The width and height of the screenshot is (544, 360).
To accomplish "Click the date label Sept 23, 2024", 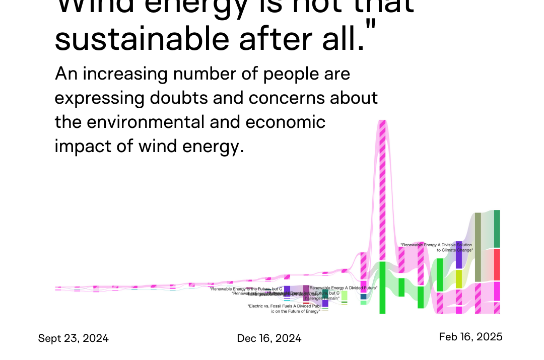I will coord(73,338).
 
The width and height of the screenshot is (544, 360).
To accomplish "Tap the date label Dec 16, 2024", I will coord(269,338).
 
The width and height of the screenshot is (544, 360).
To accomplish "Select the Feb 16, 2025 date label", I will coord(470,337).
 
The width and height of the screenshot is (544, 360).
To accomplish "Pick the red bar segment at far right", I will coord(497,264).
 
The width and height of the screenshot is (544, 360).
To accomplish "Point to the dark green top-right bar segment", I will coord(497,229).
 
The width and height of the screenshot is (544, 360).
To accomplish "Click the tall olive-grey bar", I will coord(478,247).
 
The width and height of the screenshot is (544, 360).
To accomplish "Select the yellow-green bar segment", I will coord(459,279).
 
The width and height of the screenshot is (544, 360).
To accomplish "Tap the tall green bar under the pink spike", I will coord(382,287).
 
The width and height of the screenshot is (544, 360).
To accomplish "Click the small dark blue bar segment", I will coord(363,297).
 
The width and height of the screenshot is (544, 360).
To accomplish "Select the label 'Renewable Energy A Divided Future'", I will coord(344,288).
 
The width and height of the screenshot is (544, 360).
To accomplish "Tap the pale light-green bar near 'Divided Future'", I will coord(344,296).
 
